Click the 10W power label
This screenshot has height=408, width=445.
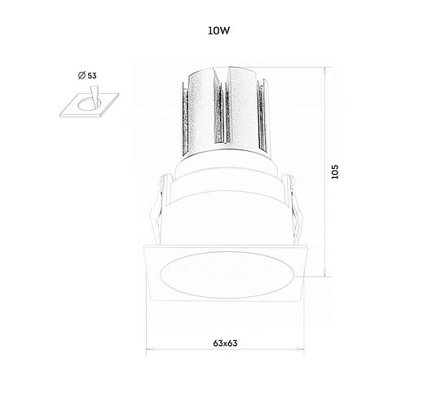218,31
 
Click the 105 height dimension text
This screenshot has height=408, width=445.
335,171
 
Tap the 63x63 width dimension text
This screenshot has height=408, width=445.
225,344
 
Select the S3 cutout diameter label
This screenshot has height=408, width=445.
91,76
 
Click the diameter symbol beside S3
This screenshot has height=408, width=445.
82,75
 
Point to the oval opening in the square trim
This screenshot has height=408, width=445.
227,275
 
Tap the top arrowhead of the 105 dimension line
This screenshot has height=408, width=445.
325,70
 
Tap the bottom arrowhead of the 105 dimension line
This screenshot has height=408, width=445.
325,273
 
